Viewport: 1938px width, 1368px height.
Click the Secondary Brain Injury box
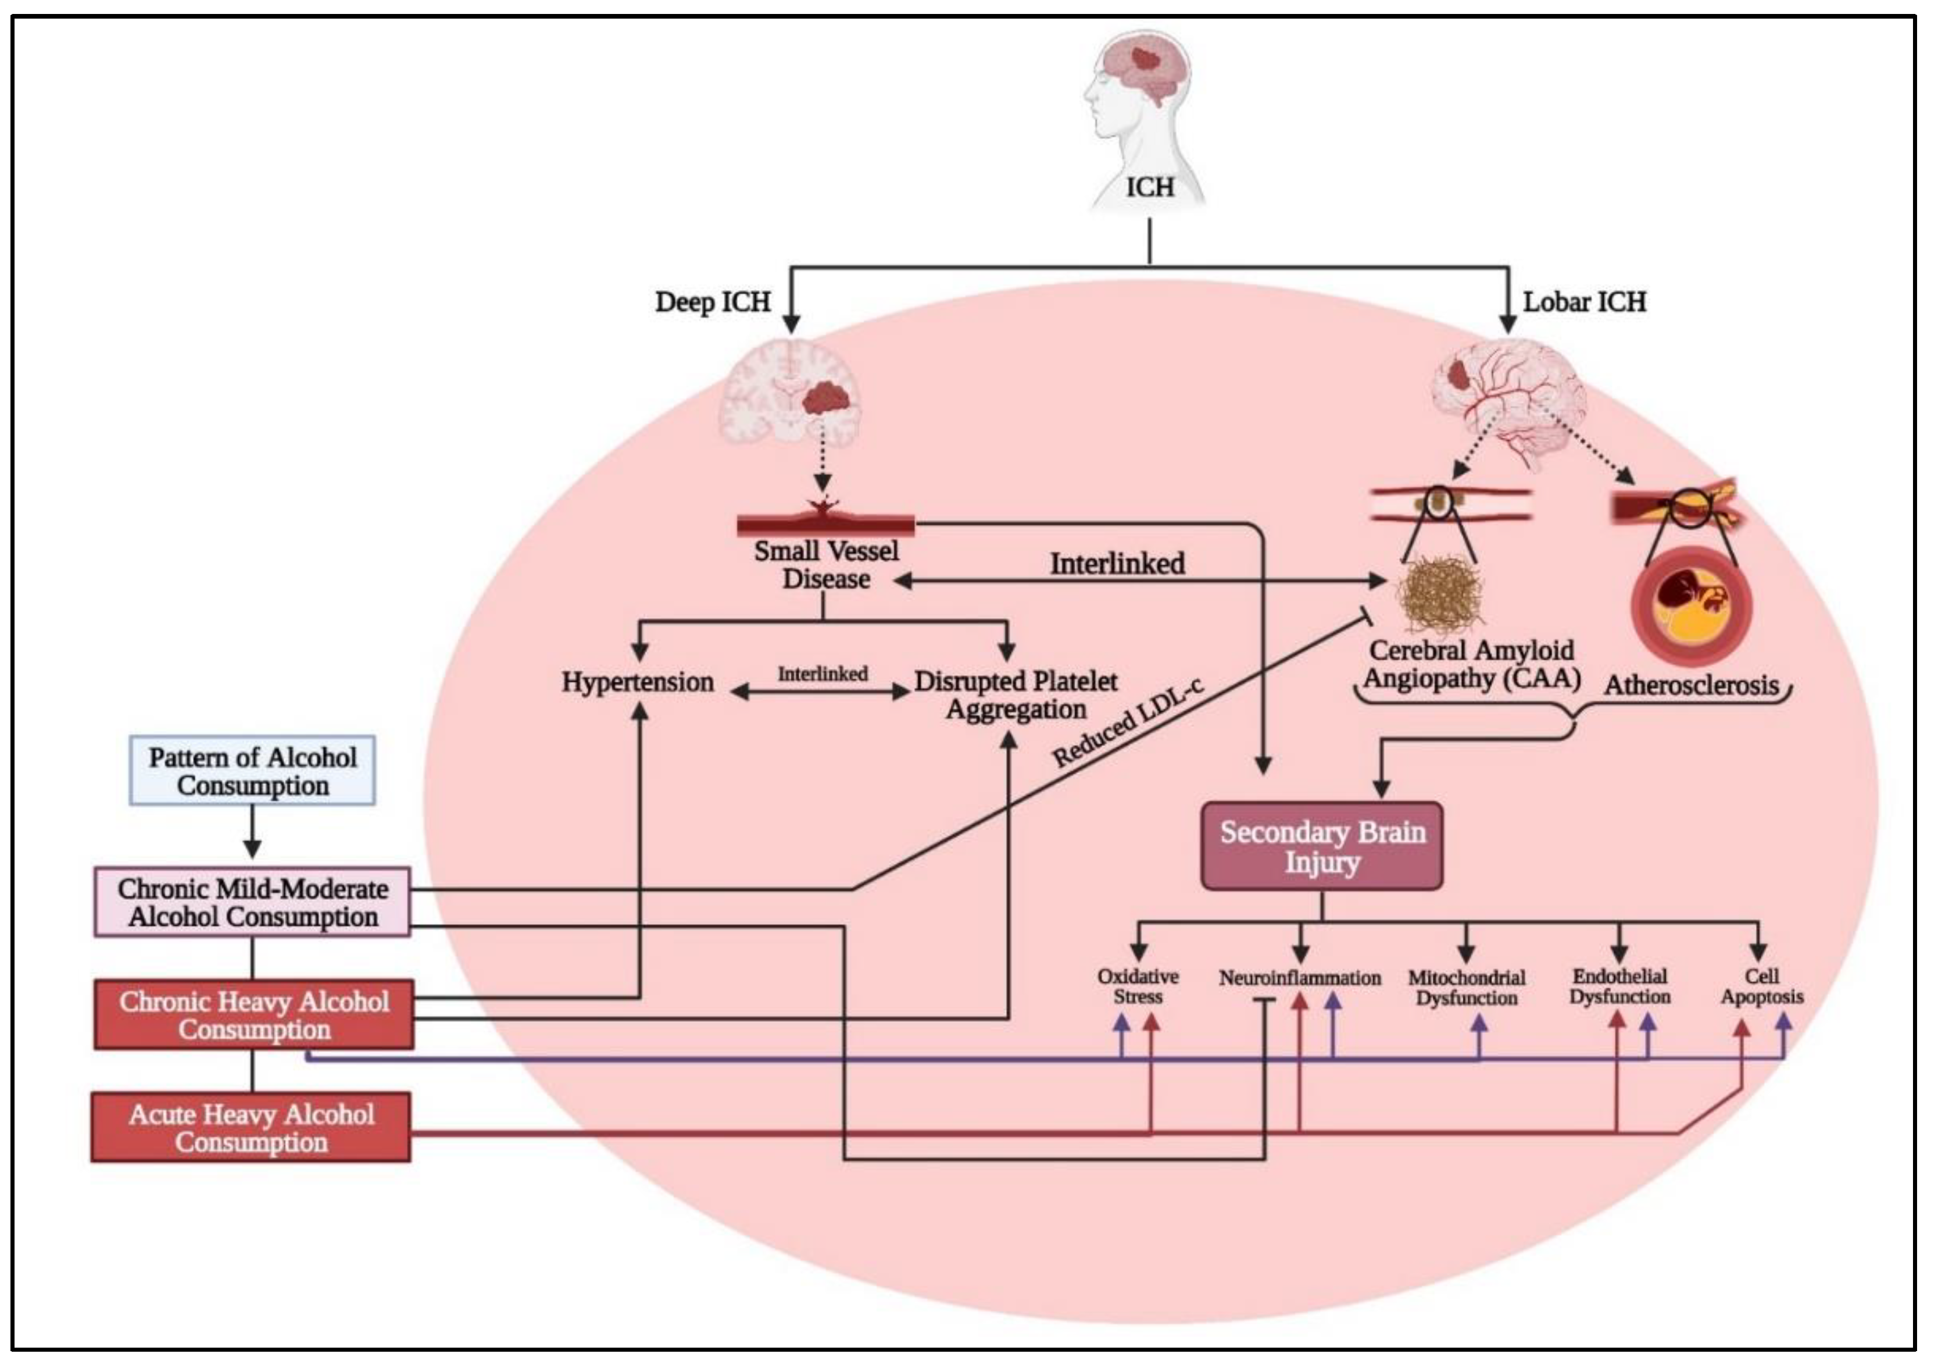tap(1322, 847)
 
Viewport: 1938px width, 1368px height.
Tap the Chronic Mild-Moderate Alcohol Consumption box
tap(252, 903)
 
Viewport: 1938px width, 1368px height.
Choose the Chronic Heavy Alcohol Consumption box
tap(253, 1015)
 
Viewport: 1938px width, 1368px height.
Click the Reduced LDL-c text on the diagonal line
tap(1127, 725)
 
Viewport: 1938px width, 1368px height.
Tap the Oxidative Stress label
tap(1138, 986)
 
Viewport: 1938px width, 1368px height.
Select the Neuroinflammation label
tap(1300, 978)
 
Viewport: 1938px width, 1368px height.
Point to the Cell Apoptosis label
tap(1762, 986)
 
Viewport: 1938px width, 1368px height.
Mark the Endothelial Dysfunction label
tap(1619, 986)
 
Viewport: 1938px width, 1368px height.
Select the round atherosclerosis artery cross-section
tap(1692, 605)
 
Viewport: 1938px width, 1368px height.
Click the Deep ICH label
tap(713, 302)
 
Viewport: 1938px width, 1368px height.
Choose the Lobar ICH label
tap(1585, 302)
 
